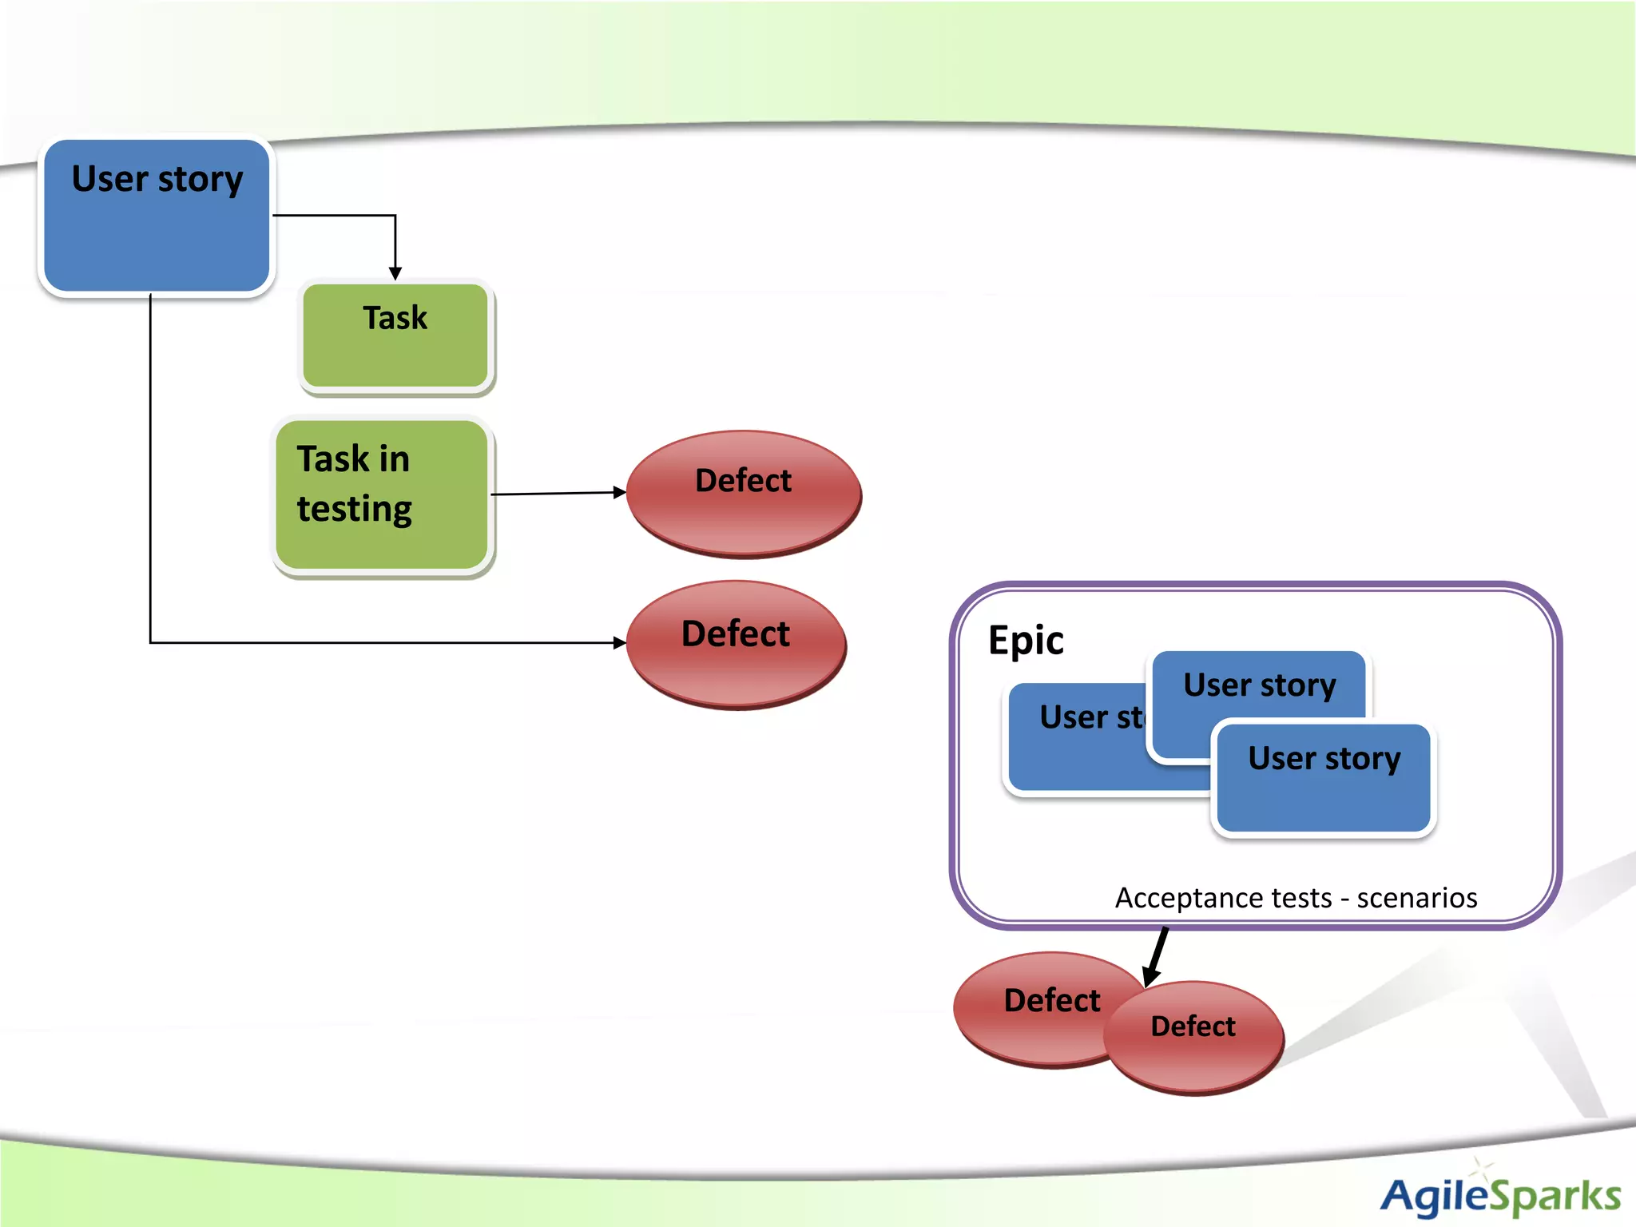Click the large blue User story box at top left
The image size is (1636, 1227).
coord(157,216)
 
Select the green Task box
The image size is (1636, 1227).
coord(395,336)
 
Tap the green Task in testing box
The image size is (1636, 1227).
coord(382,495)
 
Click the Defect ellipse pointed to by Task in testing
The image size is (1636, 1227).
coord(743,494)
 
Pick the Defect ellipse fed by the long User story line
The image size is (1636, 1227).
coord(736,644)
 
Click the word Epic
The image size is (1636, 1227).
coord(1026,641)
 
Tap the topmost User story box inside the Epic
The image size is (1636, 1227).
coord(1259,687)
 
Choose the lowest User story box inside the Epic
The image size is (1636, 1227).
coord(1324,779)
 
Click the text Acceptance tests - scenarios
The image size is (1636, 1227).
coord(1296,898)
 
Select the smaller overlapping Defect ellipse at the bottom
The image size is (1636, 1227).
coord(1194,1037)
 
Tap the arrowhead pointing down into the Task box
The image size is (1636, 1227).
coord(395,273)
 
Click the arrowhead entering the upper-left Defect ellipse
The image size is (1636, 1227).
coord(619,492)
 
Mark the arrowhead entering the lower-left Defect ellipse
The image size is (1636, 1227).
coord(619,642)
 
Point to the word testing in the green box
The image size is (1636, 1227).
coord(355,510)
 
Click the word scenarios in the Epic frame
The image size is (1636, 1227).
coord(1417,898)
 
